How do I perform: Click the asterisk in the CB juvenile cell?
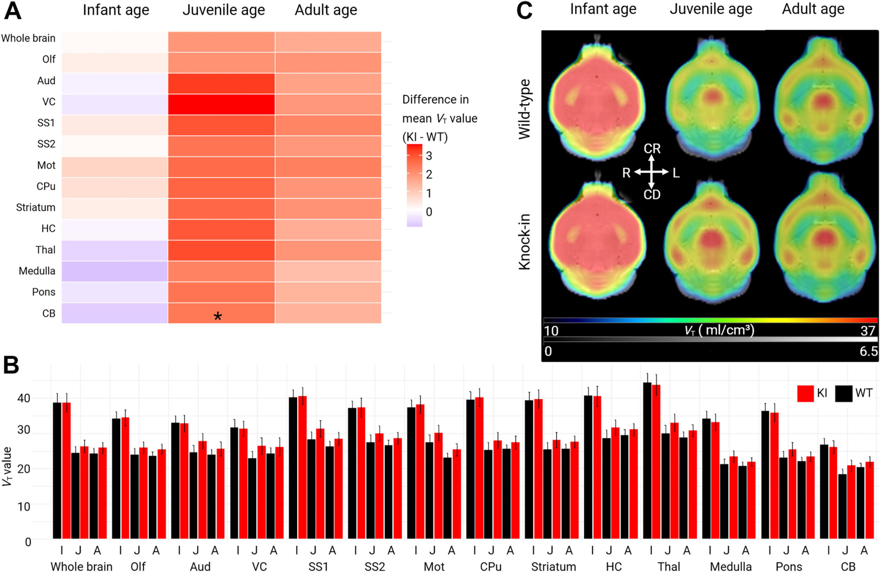217,316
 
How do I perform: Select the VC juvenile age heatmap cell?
221,104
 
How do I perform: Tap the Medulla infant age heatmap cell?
115,271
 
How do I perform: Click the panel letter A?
13,11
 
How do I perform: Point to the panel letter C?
524,11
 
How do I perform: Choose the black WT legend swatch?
843,393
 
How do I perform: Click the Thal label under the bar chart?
669,566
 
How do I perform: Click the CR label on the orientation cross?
652,149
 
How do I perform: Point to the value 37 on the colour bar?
867,331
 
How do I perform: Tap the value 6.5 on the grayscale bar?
868,351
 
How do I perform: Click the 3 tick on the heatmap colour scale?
429,156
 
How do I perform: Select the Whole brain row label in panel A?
28,38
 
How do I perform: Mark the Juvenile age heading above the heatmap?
224,10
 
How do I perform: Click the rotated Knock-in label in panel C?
524,241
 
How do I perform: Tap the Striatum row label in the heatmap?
35,207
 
